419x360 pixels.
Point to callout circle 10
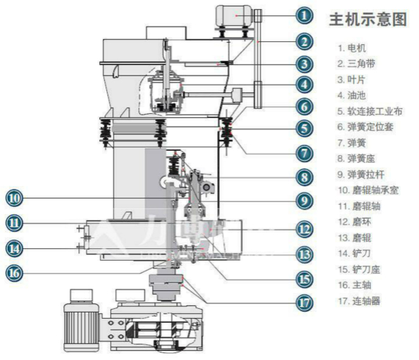point(15,198)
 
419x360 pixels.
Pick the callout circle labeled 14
point(15,247)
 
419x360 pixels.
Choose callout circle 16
point(15,273)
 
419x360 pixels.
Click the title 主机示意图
point(367,20)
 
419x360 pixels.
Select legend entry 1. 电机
point(352,48)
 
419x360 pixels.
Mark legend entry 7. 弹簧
point(352,143)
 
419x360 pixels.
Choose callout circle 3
point(302,64)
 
